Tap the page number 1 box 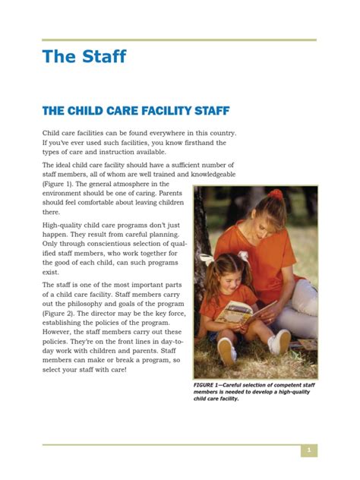[308, 451]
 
